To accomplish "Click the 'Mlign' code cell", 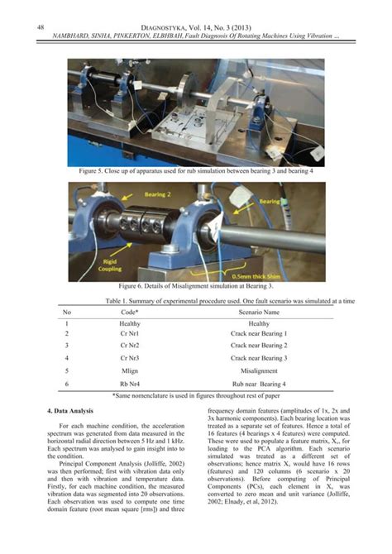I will (x=131, y=371).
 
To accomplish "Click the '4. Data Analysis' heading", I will (x=73, y=411).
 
